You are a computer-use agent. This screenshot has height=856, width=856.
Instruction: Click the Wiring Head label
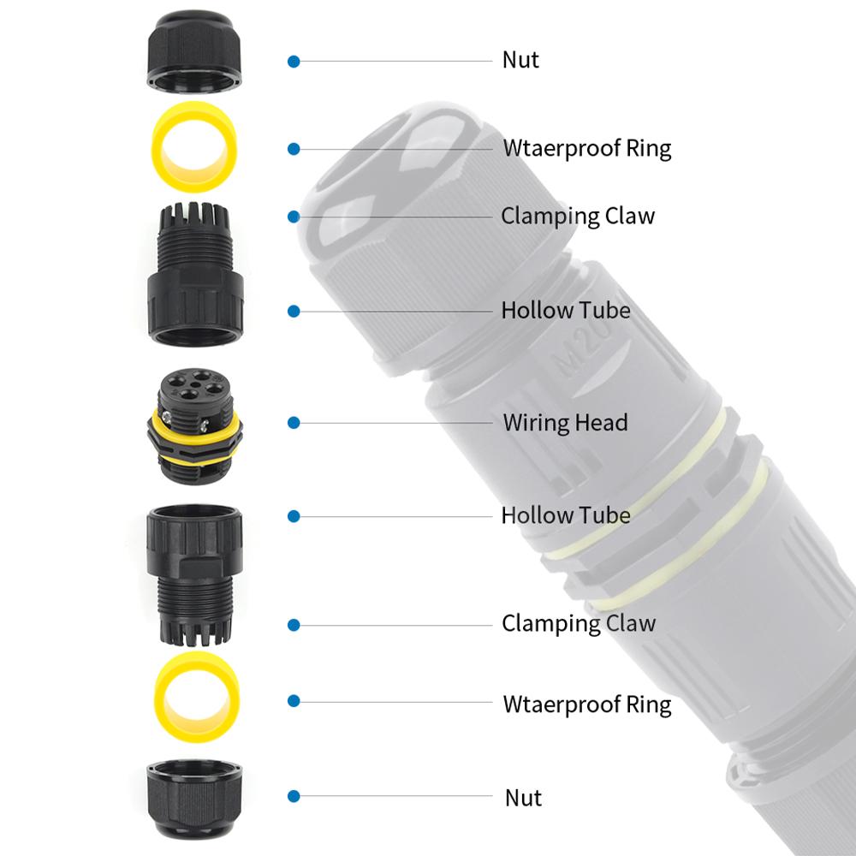click(x=565, y=423)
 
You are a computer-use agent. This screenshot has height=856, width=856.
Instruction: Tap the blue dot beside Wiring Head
click(x=294, y=423)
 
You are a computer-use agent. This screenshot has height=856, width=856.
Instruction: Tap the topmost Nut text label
click(x=520, y=61)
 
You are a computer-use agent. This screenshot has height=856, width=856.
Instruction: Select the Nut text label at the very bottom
click(x=523, y=798)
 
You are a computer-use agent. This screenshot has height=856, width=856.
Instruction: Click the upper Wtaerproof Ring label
click(x=586, y=148)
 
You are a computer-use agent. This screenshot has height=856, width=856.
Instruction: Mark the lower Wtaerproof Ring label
click(x=586, y=704)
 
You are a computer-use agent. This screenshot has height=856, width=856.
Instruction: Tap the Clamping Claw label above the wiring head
click(x=578, y=216)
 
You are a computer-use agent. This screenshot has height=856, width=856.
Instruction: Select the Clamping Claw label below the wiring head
click(x=578, y=623)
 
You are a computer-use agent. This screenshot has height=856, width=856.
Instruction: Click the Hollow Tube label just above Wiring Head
click(x=566, y=310)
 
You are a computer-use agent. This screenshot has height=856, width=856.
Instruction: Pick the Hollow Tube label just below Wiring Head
click(x=566, y=515)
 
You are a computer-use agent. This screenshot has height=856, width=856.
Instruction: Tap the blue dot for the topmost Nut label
click(x=294, y=62)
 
